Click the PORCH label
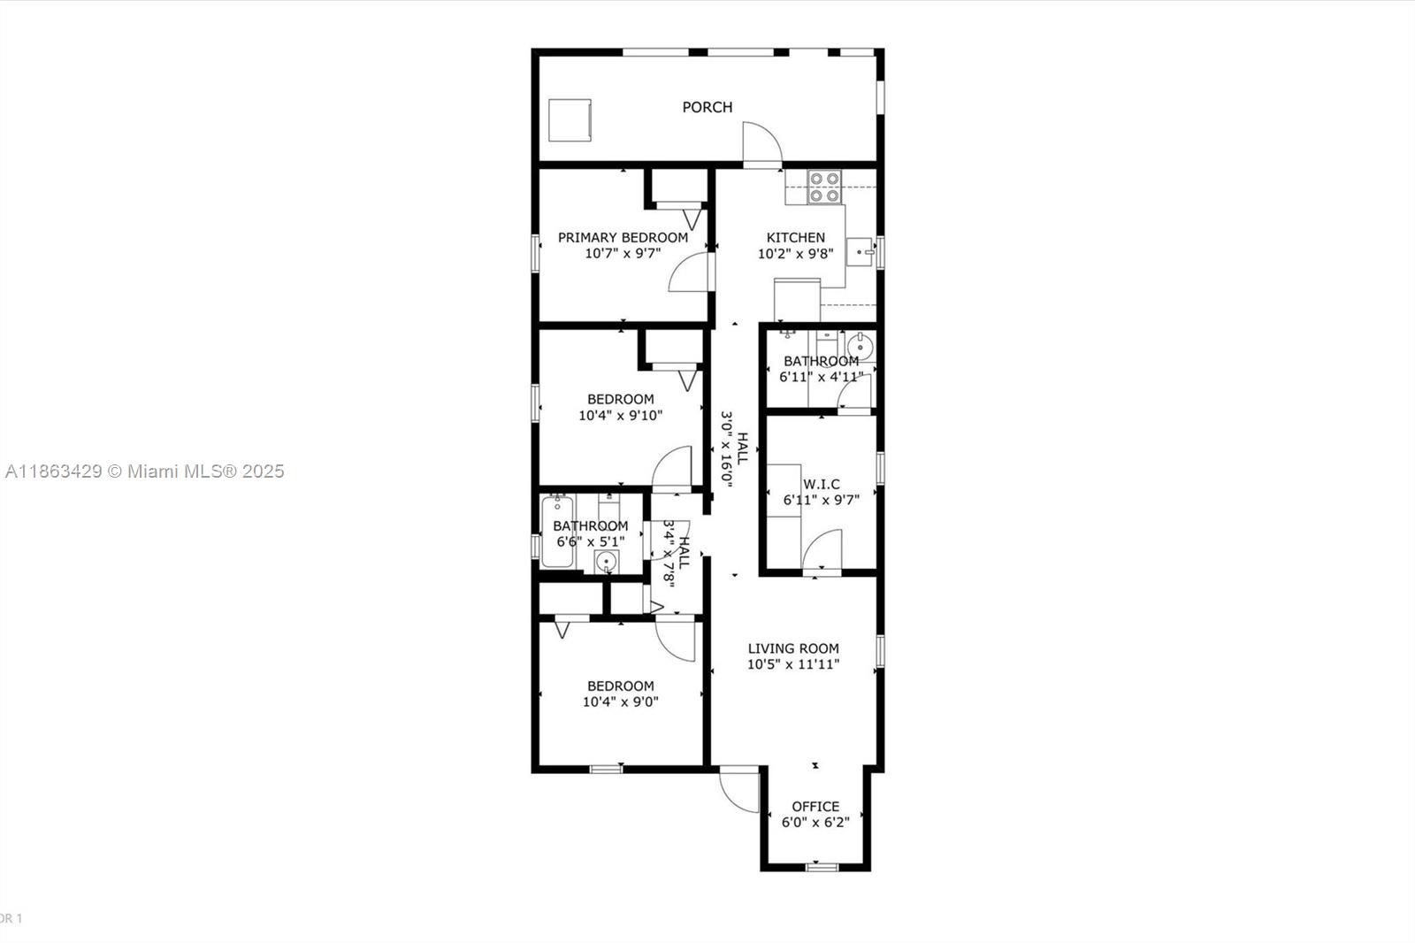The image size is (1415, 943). click(x=707, y=107)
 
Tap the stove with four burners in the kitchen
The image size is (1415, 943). click(x=825, y=187)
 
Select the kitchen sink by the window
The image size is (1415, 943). click(x=860, y=251)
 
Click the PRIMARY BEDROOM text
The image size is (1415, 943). click(x=623, y=237)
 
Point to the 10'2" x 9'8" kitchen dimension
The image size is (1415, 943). click(x=795, y=254)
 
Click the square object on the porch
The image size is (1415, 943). click(x=570, y=119)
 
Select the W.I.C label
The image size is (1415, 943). click(x=821, y=484)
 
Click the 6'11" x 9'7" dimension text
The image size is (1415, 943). click(x=821, y=500)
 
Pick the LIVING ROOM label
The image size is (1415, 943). click(x=793, y=648)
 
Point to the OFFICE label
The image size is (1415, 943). click(x=815, y=806)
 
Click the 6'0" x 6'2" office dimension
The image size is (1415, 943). click(x=815, y=822)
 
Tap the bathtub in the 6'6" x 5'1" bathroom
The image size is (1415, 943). click(x=557, y=531)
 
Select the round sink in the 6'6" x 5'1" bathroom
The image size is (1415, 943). click(x=607, y=561)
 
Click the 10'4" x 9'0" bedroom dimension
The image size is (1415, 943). click(x=620, y=702)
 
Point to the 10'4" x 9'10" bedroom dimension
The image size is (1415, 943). click(x=620, y=415)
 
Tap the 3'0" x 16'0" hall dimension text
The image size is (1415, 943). click(x=727, y=448)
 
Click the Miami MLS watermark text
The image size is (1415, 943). click(x=144, y=471)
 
